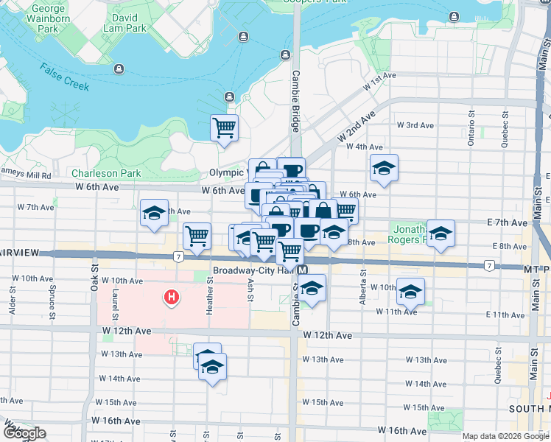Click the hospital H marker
[x=172, y=298]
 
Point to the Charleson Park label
[x=106, y=173]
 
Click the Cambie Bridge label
[x=295, y=101]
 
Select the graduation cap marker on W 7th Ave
[x=153, y=213]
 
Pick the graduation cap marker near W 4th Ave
[x=383, y=169]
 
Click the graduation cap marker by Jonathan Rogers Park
[x=441, y=234]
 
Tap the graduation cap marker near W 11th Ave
[x=410, y=291]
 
